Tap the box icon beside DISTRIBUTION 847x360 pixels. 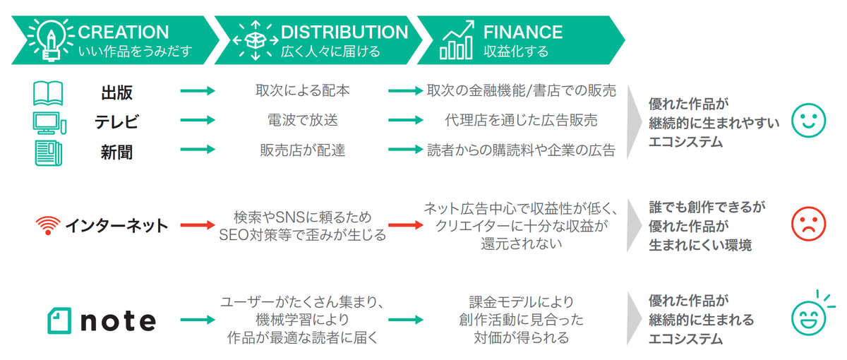pyautogui.click(x=254, y=40)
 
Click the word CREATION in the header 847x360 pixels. pyautogui.click(x=124, y=32)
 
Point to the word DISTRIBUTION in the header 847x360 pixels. pyautogui.click(x=344, y=32)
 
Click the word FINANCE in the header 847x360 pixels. pyautogui.click(x=523, y=32)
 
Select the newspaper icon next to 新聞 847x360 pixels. pyautogui.click(x=49, y=152)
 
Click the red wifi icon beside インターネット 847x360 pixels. pyautogui.click(x=47, y=226)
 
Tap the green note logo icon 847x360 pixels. pyautogui.click(x=59, y=320)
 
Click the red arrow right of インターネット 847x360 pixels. pyautogui.click(x=198, y=226)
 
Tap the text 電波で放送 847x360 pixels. pyautogui.click(x=302, y=121)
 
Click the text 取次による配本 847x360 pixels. pyautogui.click(x=302, y=91)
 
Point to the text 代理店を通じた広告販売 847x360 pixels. pyautogui.click(x=522, y=121)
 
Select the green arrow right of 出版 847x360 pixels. pyautogui.click(x=198, y=91)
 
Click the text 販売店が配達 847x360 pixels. pyautogui.click(x=302, y=150)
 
